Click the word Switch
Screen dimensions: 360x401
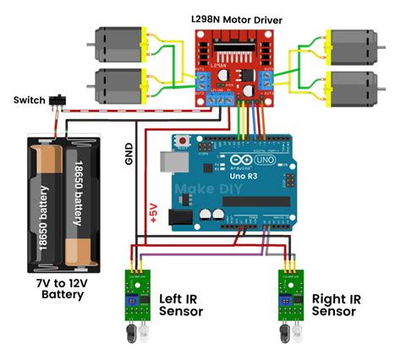pos(30,101)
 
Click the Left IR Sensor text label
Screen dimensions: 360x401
pos(181,305)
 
